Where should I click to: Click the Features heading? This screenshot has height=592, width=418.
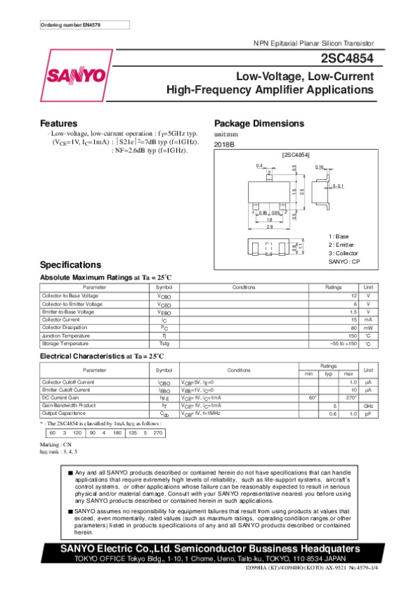click(59, 123)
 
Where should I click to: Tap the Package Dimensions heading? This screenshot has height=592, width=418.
click(259, 123)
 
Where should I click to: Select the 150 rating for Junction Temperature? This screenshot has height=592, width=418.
click(353, 335)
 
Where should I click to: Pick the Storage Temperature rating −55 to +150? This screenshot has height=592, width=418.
click(343, 344)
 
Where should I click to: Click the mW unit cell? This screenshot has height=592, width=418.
click(369, 327)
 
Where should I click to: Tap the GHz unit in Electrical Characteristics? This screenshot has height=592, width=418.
click(369, 405)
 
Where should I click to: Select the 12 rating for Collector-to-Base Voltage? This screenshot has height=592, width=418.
click(354, 296)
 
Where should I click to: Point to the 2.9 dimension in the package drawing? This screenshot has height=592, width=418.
click(269, 227)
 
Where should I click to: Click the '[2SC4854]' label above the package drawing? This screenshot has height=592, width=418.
click(295, 153)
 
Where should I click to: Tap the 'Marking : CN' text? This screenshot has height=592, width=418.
click(56, 444)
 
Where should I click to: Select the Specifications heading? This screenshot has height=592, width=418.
click(70, 265)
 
